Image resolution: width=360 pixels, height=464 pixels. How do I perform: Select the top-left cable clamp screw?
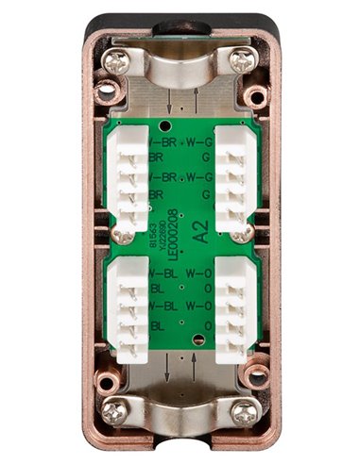(x=117, y=62)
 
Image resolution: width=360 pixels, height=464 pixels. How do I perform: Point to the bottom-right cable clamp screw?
(x=243, y=410)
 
